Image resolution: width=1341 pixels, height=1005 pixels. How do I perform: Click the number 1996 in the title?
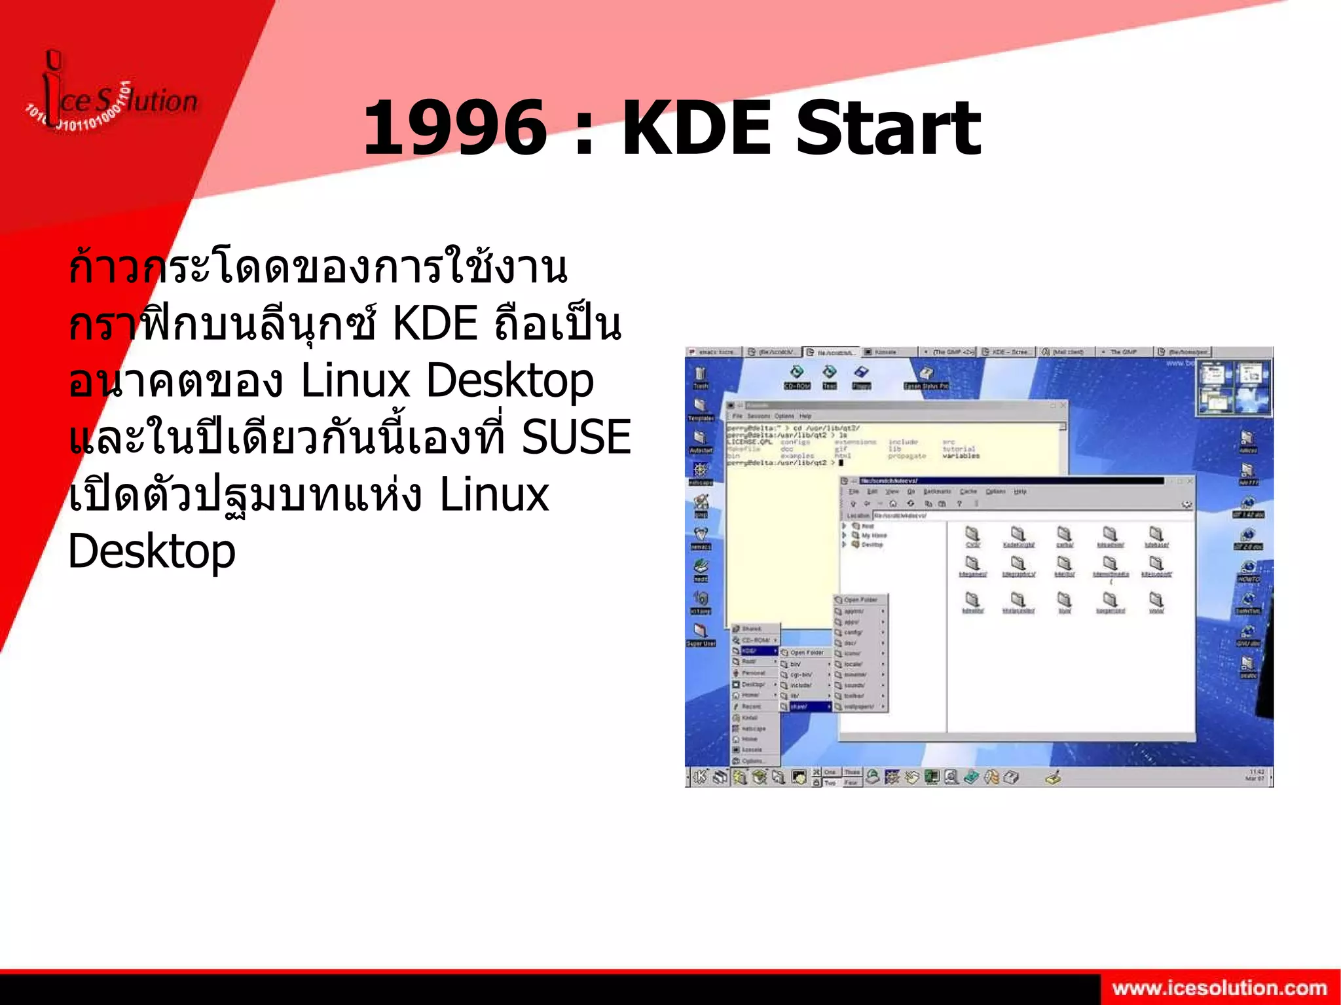coord(454,127)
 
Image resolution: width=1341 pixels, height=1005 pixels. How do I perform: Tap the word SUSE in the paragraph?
coord(576,437)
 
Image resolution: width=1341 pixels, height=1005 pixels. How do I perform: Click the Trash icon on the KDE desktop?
coord(700,376)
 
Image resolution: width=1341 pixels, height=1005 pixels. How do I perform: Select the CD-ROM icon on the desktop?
coord(797,376)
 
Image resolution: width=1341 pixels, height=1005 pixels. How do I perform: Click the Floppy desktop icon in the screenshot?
coord(861,376)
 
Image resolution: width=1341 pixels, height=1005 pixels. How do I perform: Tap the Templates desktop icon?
coord(700,409)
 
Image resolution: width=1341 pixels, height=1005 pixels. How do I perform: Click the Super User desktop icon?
coord(700,633)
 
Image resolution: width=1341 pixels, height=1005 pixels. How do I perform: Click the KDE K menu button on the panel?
coord(700,777)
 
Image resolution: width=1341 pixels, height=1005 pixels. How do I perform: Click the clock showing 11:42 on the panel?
coord(1256,775)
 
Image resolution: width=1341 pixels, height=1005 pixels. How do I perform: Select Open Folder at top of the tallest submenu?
coord(860,600)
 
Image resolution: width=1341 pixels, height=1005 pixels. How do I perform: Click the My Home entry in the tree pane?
coord(873,536)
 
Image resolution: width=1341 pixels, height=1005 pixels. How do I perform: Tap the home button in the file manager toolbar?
coord(892,503)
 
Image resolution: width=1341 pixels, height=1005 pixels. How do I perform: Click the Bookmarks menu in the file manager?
coord(937,492)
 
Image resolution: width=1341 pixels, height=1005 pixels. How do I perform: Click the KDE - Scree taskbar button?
coord(1008,352)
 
